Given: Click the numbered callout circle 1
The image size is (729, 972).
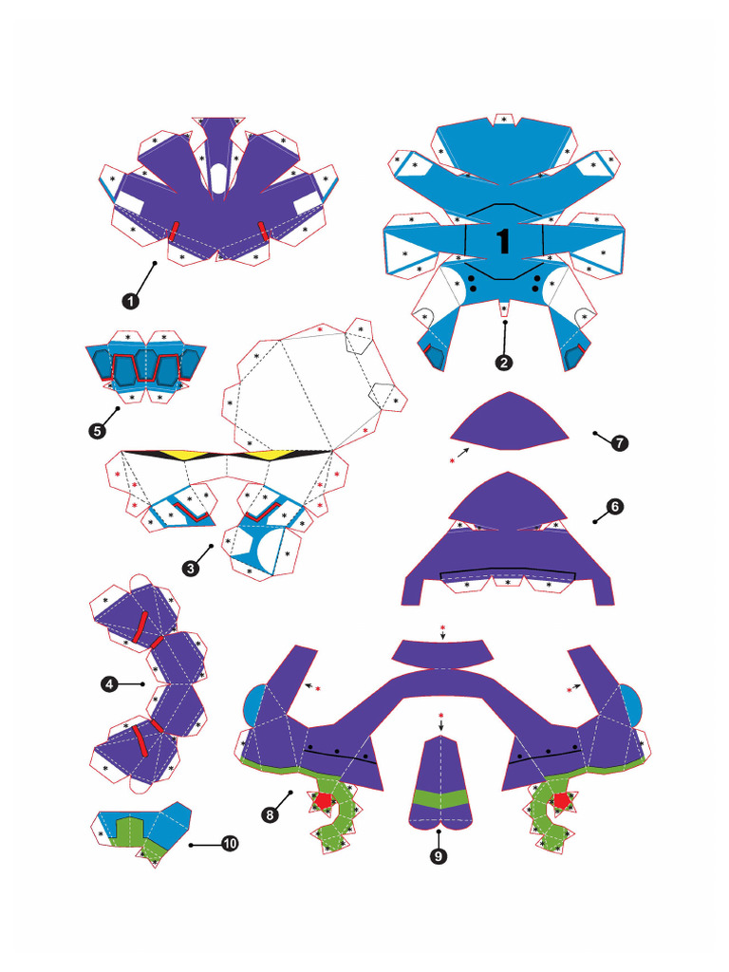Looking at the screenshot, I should click(x=130, y=300).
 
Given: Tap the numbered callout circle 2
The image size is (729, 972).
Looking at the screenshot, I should click(x=504, y=362).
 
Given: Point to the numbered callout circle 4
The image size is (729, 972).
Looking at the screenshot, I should click(x=110, y=682).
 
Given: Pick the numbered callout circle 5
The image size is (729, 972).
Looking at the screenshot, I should click(x=97, y=431).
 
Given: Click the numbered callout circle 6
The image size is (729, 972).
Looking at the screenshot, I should click(x=615, y=507).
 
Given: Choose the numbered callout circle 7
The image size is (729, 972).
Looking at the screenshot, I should click(x=620, y=442).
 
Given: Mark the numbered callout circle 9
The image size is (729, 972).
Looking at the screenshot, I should click(x=439, y=856).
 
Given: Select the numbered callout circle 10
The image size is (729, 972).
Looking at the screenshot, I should click(x=229, y=843).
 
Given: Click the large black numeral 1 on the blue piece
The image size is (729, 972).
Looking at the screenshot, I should click(x=503, y=240).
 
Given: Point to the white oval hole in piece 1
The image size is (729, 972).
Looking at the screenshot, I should click(x=218, y=177).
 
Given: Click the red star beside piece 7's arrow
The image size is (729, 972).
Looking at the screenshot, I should click(x=453, y=461).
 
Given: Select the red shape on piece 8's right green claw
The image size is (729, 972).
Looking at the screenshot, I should click(x=562, y=800).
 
